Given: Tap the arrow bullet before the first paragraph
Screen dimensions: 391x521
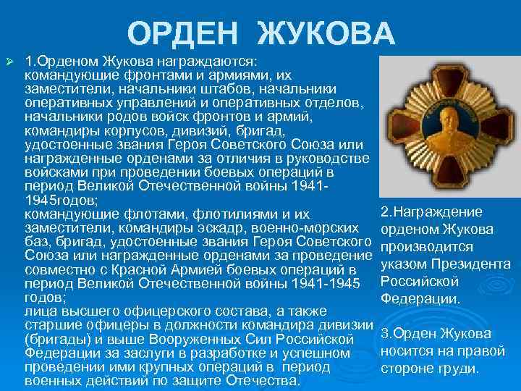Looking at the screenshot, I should click(x=9, y=58).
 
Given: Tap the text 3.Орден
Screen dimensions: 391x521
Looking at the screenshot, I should click(x=409, y=334).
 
